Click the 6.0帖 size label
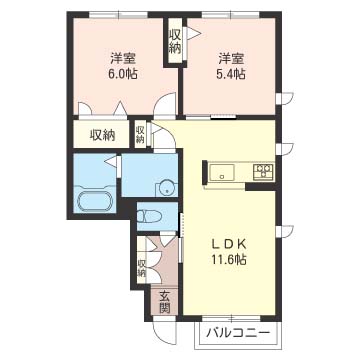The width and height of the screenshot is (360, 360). (x=123, y=74)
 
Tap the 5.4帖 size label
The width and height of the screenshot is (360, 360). (x=231, y=74)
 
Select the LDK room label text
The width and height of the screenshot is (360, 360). (x=229, y=245)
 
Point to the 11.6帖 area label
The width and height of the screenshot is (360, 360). (x=229, y=259)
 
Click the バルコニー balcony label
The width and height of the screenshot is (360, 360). (x=238, y=333)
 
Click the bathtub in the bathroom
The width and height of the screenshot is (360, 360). (x=95, y=201)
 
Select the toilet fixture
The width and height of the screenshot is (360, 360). (x=150, y=216)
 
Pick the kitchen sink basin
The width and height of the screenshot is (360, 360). (x=222, y=172)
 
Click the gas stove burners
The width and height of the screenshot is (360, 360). (x=263, y=172)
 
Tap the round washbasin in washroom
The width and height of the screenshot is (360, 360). (x=165, y=189)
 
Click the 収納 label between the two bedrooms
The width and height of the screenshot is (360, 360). (x=174, y=42)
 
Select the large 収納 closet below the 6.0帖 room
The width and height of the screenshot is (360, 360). (x=102, y=135)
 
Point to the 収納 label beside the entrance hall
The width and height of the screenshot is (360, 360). (x=142, y=268)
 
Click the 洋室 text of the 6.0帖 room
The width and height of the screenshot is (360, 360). (x=123, y=59)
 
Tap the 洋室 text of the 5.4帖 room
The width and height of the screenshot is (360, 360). (x=231, y=59)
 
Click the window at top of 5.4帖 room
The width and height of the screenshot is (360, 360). (x=231, y=15)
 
